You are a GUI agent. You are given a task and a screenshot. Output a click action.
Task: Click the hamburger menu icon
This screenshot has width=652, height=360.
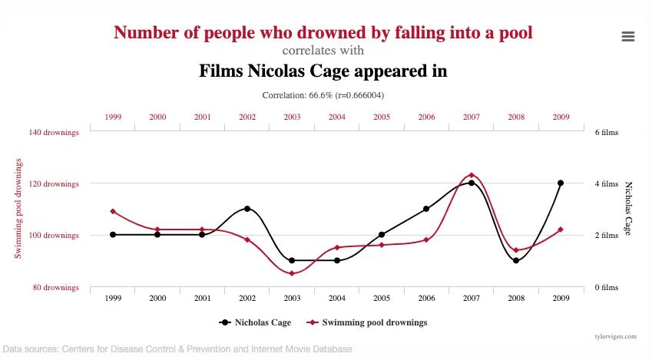[628, 36]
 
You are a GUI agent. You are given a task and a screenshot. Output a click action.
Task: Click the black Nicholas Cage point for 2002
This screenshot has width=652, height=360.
[247, 209]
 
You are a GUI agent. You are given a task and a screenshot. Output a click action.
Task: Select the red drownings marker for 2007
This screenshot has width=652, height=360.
[471, 175]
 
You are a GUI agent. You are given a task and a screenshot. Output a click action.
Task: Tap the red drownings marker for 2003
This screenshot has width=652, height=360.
[292, 273]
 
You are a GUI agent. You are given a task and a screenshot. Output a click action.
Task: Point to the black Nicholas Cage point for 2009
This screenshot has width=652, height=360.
[561, 183]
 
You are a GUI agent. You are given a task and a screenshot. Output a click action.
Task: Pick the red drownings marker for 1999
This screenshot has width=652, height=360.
[113, 211]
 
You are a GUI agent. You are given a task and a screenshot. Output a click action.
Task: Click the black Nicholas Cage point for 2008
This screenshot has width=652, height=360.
[516, 260]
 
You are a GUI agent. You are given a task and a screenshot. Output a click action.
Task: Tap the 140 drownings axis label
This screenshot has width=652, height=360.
[54, 132]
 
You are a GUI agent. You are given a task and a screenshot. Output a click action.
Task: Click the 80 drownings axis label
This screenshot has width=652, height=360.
[56, 287]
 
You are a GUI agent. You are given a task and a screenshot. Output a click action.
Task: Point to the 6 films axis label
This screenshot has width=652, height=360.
[606, 132]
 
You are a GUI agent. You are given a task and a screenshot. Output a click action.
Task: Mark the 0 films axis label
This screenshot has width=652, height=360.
[606, 287]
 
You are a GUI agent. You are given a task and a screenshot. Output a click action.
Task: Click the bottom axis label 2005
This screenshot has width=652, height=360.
[382, 298]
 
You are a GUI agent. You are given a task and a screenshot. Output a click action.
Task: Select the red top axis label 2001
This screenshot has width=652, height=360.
[203, 117]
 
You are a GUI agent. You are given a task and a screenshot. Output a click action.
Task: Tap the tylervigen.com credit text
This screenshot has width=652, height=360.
[615, 336]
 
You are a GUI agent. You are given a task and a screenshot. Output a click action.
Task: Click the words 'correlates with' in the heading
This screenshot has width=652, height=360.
[323, 51]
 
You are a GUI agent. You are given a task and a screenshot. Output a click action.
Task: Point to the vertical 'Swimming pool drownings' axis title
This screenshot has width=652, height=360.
[18, 208]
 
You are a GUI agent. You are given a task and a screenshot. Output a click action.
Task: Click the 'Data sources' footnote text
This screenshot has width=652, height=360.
[177, 349]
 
